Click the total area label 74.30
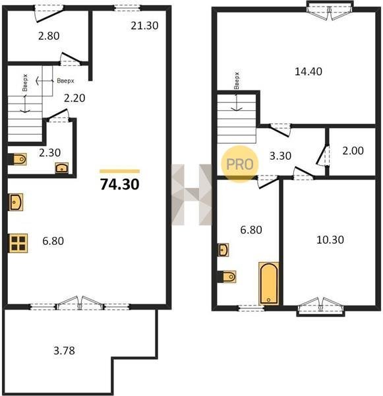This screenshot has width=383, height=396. click(x=119, y=184)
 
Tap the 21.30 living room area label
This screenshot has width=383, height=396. click(x=144, y=26)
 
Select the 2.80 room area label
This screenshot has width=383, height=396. click(x=49, y=36)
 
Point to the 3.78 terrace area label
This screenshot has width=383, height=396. click(x=64, y=350)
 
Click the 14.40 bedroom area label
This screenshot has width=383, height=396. click(x=309, y=71)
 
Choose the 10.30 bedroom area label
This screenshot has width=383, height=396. click(x=330, y=240)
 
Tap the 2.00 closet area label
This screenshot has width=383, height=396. click(x=353, y=150)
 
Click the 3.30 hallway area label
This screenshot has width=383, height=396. click(x=280, y=156)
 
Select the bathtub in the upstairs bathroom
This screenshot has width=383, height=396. click(x=269, y=283)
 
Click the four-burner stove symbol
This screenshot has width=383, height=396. click(x=18, y=243)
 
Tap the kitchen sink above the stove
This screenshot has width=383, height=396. click(x=16, y=202)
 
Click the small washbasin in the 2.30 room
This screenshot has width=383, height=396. click(x=62, y=168)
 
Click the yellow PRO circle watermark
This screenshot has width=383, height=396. click(x=240, y=164)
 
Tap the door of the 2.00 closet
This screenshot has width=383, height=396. click(x=322, y=155)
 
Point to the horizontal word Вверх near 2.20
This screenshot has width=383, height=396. click(x=65, y=81)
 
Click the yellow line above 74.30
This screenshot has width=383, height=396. click(x=119, y=171)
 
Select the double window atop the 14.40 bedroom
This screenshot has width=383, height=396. click(x=330, y=10)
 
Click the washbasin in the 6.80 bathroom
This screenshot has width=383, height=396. click(x=223, y=249)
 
